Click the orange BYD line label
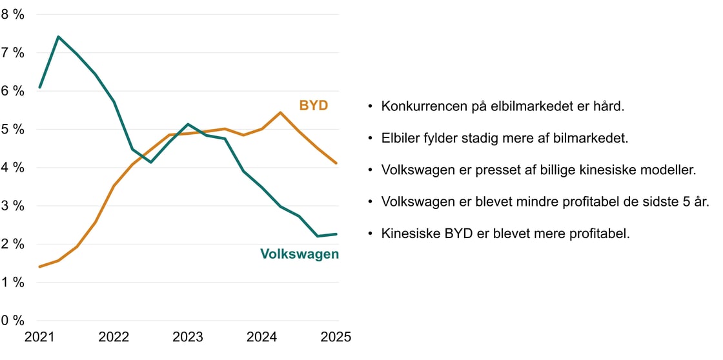(x=313, y=105)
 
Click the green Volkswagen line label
(x=300, y=254)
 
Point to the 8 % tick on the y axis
(x=13, y=14)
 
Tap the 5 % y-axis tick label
(x=13, y=129)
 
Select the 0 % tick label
(x=13, y=321)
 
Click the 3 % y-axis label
(x=13, y=206)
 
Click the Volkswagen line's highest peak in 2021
(x=58, y=37)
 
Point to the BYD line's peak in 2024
(x=280, y=112)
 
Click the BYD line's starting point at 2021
(x=39, y=266)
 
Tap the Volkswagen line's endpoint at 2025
(x=336, y=234)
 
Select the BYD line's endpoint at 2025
(x=336, y=163)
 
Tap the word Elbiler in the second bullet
(x=400, y=138)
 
